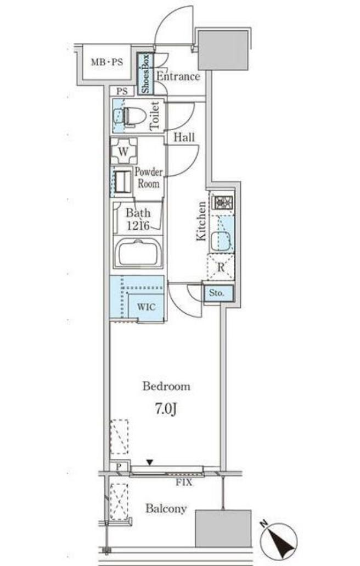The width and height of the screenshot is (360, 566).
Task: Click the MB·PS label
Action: [106, 62]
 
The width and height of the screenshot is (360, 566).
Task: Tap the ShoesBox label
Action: [145, 74]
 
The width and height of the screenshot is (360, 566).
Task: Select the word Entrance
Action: [178, 76]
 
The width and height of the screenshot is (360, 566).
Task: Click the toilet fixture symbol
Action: [130, 115]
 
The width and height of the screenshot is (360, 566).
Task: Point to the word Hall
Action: [184, 137]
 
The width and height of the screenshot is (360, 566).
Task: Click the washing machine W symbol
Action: [123, 151]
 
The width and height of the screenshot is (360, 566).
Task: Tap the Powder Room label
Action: [149, 177]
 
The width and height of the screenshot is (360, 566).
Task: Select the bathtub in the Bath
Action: [137, 253]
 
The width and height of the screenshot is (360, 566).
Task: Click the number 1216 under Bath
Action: [138, 226]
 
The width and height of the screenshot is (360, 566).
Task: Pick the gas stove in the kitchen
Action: [223, 202]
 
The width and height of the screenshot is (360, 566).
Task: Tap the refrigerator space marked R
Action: [221, 267]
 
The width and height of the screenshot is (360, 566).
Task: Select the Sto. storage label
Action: [217, 293]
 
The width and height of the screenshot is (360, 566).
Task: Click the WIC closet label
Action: [147, 307]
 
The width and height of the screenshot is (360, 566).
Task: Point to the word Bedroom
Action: [166, 386]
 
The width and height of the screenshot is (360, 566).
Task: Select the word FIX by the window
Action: [184, 482]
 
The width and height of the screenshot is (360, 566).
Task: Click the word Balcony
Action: [166, 509]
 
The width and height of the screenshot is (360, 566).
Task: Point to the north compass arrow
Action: [281, 539]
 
